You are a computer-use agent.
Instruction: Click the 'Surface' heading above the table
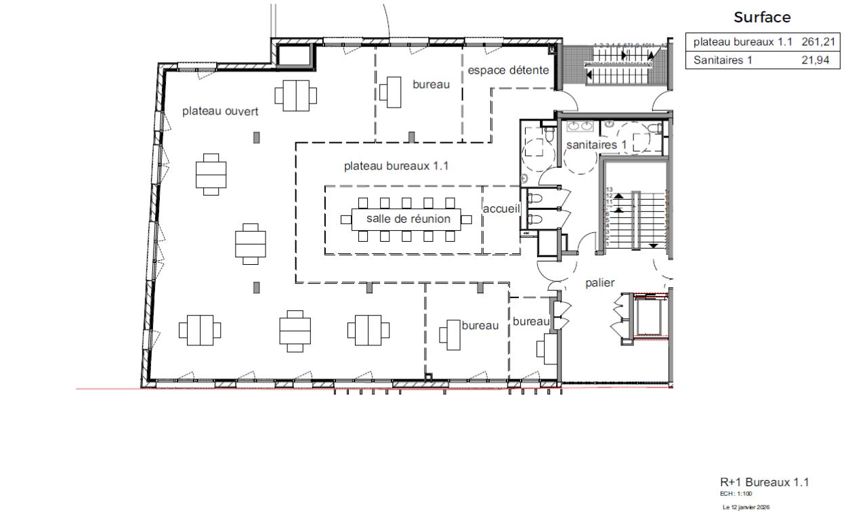coord(762,17)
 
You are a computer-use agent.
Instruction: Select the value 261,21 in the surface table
coord(820,43)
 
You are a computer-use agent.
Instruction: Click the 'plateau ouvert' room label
coord(220,112)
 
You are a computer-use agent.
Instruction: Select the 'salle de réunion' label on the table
coord(408,219)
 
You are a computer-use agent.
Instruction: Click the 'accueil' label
coord(501,209)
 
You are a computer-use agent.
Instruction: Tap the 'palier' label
coord(600,282)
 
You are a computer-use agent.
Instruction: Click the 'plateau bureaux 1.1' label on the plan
coord(396,166)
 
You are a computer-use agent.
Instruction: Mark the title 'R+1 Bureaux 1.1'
coord(764,482)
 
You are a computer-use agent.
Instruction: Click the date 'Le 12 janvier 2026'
coord(745,506)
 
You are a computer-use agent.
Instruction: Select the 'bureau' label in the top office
coord(431,85)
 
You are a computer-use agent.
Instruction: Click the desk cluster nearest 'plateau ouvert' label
coord(296,95)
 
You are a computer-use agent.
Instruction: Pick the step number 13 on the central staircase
coord(609,190)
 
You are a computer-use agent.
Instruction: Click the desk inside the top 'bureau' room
coord(392,91)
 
